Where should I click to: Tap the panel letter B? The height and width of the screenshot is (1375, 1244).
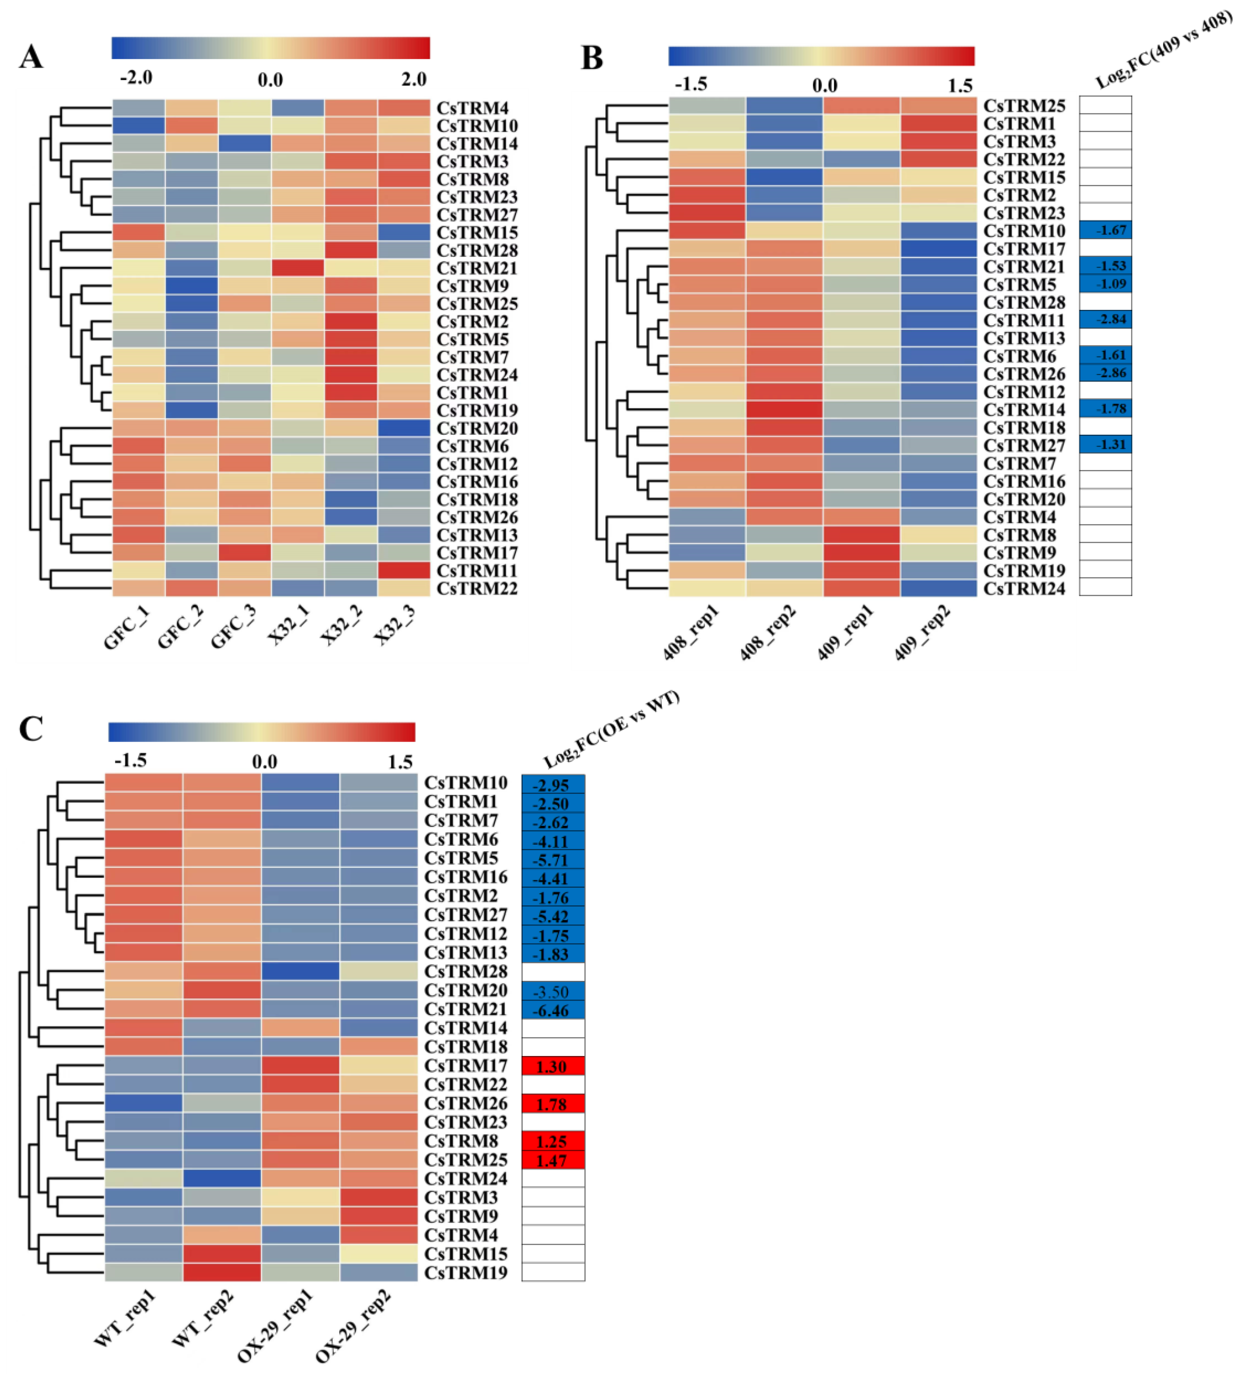591,58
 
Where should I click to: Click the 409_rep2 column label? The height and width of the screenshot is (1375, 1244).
922,634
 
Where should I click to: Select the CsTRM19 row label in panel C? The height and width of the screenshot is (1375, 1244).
466,1273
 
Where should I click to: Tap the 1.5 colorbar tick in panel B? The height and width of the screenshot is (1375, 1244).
959,85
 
